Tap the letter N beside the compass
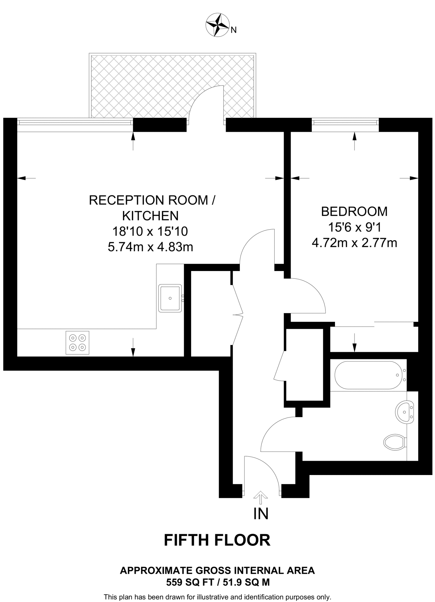[x=234, y=30]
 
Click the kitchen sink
[x=170, y=298]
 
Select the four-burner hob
[x=77, y=342]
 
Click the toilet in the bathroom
[x=395, y=442]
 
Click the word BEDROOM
[x=354, y=212]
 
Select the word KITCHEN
[x=150, y=216]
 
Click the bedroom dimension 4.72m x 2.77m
[x=354, y=243]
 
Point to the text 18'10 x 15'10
[x=150, y=231]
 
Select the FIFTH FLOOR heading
[x=217, y=540]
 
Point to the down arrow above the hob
[x=133, y=347]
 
